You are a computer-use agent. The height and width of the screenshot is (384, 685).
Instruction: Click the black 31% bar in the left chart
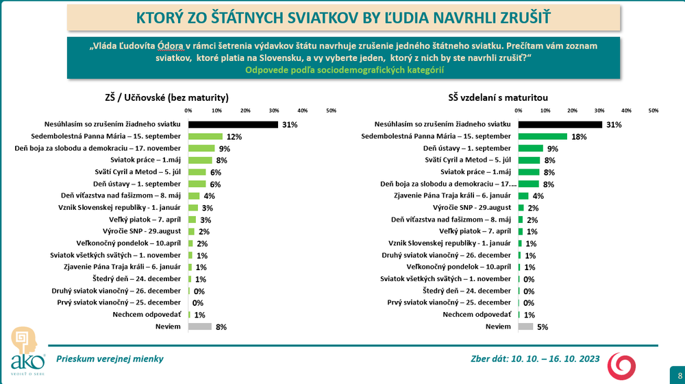[x=233, y=124]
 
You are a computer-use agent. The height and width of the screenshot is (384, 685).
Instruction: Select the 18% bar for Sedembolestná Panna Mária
[x=543, y=136]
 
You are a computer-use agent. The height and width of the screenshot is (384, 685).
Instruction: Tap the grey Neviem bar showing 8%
[x=199, y=326]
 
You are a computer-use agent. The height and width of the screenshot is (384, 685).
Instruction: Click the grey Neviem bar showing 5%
[x=525, y=326]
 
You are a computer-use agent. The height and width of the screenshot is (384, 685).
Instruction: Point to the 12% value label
[x=235, y=137]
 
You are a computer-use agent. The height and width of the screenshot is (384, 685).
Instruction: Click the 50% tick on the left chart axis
[x=331, y=110]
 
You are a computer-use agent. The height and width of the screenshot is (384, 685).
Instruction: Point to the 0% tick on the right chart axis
[x=519, y=110]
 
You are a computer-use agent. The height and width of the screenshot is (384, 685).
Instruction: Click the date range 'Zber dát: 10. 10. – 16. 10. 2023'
[x=535, y=359]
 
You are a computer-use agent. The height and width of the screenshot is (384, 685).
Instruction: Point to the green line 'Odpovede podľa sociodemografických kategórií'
[x=343, y=70]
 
